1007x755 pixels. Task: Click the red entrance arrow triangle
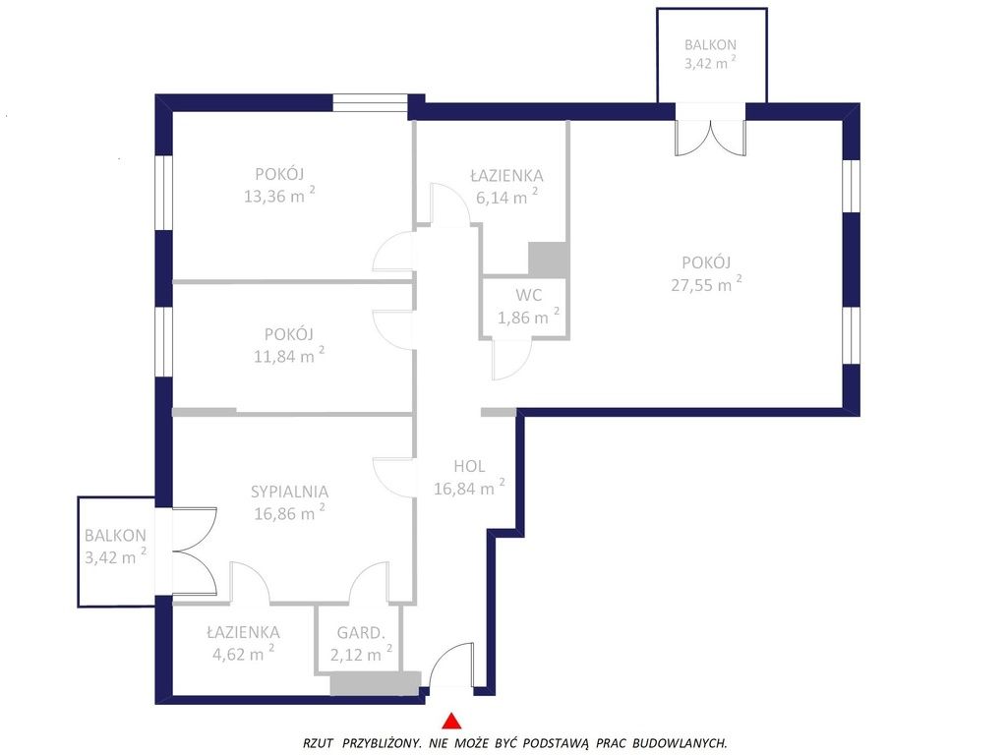click(x=452, y=721)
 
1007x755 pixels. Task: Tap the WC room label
click(x=528, y=295)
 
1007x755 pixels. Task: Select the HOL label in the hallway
click(x=469, y=466)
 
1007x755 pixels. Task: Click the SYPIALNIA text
click(x=289, y=492)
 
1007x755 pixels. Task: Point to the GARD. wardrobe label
click(x=360, y=633)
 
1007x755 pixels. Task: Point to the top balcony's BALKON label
click(x=710, y=45)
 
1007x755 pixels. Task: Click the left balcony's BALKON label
click(x=115, y=536)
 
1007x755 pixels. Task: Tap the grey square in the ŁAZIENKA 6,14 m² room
click(x=547, y=260)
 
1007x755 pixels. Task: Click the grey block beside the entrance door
click(x=375, y=683)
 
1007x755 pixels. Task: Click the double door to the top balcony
click(x=710, y=137)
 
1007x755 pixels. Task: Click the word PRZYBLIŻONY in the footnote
click(x=383, y=743)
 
